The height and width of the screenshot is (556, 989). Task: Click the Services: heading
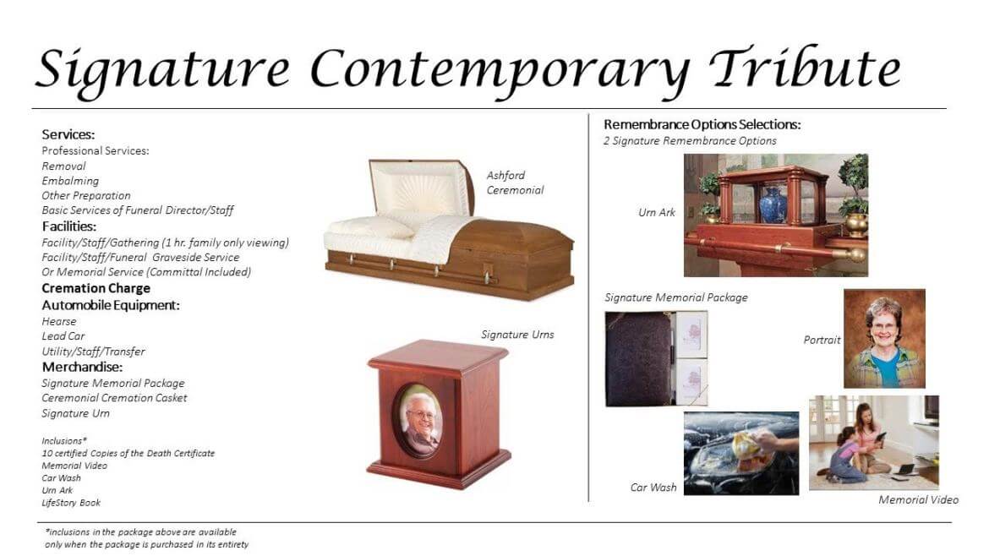click(x=68, y=134)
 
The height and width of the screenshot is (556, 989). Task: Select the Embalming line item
click(x=70, y=181)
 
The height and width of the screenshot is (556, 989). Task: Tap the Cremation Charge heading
click(x=96, y=288)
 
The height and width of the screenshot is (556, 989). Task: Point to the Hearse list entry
click(x=59, y=321)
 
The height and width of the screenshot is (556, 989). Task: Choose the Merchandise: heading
click(x=83, y=367)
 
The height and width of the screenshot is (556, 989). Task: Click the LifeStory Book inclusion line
click(x=71, y=503)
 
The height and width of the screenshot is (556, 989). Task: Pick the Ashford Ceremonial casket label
click(x=514, y=183)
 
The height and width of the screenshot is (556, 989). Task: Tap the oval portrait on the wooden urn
click(x=420, y=419)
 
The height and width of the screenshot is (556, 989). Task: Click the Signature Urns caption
click(x=517, y=335)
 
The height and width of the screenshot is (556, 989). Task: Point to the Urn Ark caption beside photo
click(x=657, y=213)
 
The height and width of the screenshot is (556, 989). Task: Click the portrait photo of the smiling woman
click(x=884, y=338)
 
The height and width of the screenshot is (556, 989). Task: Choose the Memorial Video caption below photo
click(x=918, y=499)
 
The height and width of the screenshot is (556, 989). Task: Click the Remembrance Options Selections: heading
click(x=702, y=124)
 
